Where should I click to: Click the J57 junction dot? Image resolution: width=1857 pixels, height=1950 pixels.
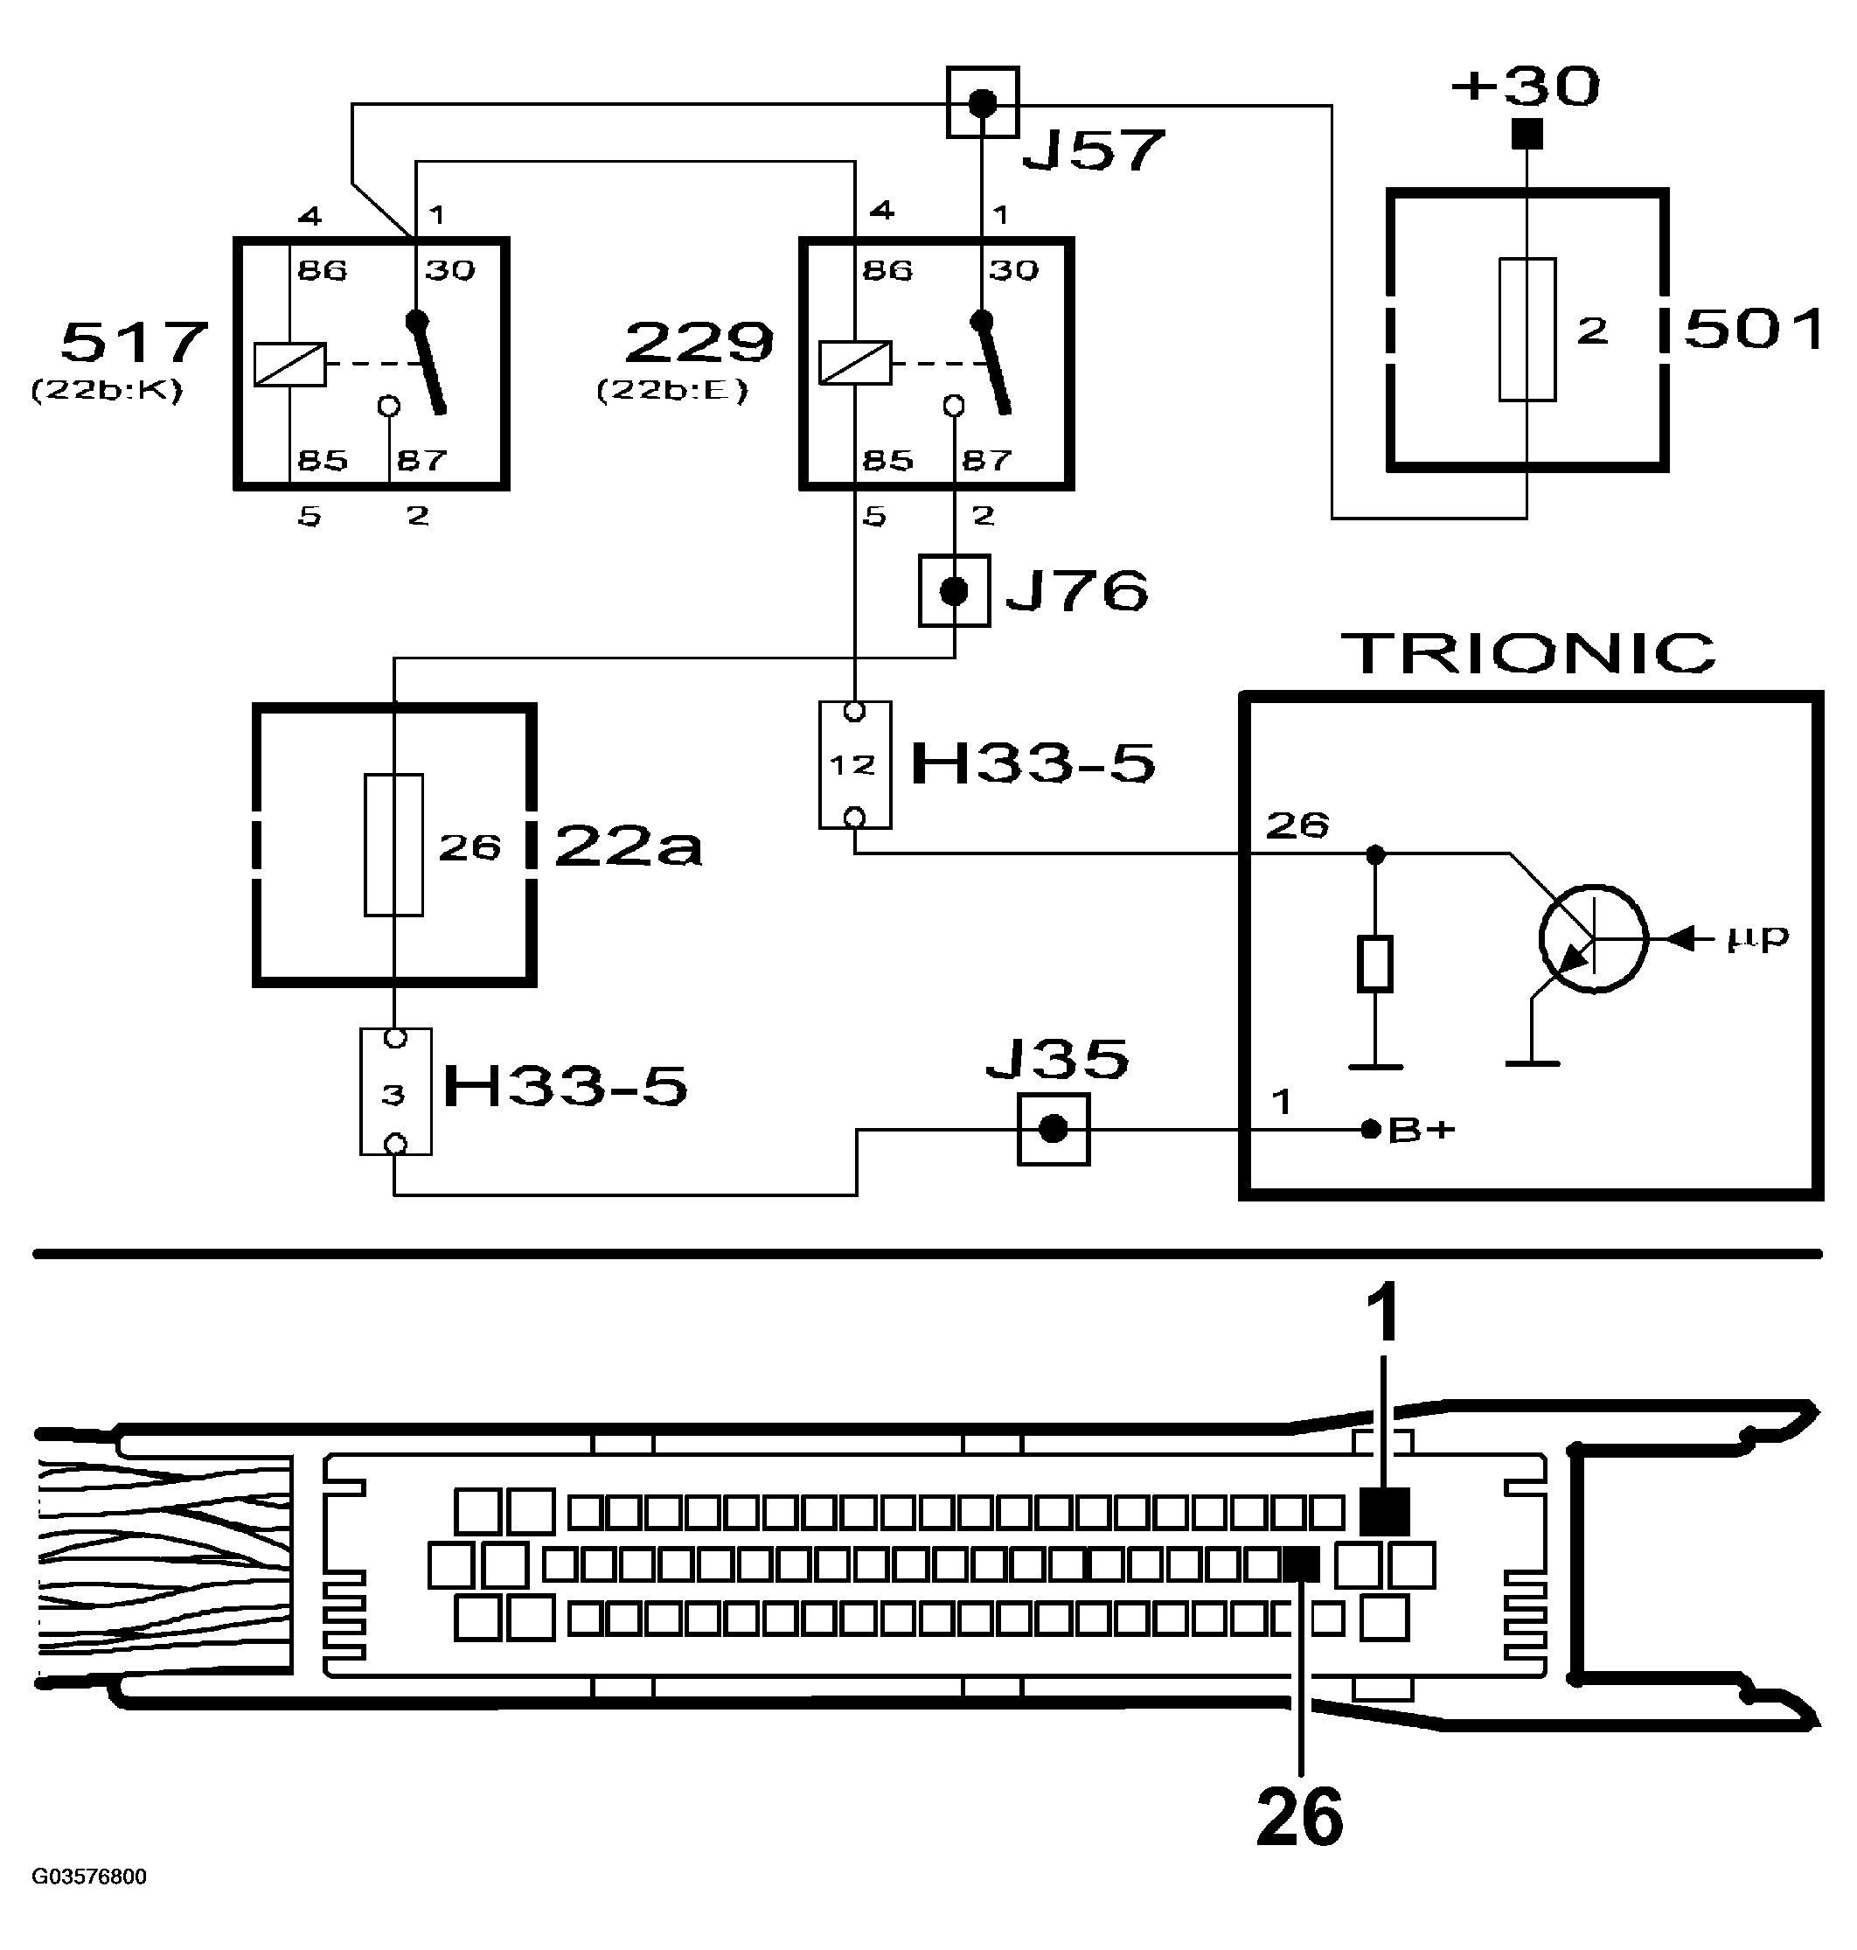[x=982, y=102]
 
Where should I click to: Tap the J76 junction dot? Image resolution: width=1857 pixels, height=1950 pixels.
[x=953, y=591]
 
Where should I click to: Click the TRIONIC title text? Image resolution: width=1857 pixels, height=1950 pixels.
[x=1527, y=653]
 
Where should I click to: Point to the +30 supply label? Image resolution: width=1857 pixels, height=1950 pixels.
[x=1525, y=87]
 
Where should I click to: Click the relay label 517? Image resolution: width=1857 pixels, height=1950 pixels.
[x=134, y=343]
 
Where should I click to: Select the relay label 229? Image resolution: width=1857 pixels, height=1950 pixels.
[x=698, y=343]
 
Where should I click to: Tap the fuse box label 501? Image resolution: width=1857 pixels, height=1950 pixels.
[x=1753, y=329]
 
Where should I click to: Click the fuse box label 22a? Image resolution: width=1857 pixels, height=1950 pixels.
[x=628, y=846]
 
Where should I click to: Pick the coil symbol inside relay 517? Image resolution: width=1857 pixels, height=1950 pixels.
[x=289, y=363]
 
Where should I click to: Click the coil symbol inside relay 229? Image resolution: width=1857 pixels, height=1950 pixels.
[x=854, y=362]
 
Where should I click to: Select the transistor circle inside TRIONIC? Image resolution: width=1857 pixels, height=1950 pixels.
[x=1593, y=938]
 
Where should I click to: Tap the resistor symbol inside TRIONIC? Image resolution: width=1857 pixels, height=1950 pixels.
[x=1374, y=963]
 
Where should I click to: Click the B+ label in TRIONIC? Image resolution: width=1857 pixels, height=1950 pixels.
[x=1421, y=1130]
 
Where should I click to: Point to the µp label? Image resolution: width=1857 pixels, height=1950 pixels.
[x=1757, y=938]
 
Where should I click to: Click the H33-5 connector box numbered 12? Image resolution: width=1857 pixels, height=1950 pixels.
[x=854, y=764]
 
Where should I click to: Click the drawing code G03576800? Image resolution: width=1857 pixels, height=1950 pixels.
[x=89, y=1877]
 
